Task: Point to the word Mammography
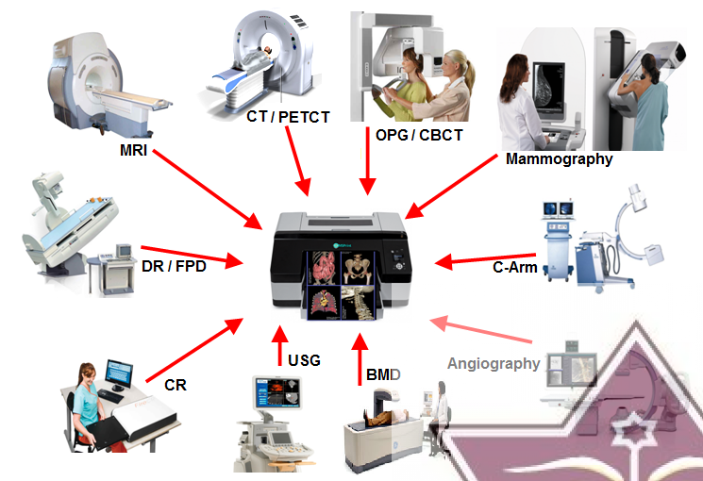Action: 559,158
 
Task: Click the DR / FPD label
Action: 174,267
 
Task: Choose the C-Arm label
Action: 515,267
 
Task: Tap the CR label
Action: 175,385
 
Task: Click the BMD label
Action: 384,374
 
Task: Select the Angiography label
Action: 494,363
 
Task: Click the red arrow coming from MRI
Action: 208,188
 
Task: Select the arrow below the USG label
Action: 279,347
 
